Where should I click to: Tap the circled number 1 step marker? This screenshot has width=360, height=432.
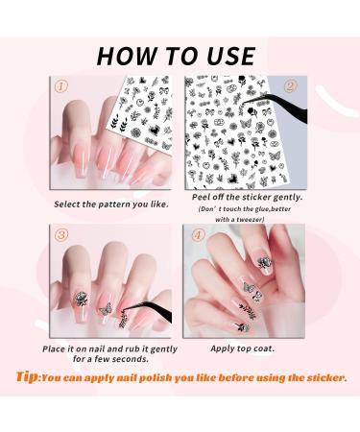click(61, 85)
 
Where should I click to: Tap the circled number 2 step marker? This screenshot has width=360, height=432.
click(290, 85)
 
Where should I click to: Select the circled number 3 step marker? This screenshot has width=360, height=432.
click(61, 234)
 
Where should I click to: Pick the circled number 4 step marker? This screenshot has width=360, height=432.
click(198, 235)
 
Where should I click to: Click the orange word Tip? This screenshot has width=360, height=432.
click(27, 377)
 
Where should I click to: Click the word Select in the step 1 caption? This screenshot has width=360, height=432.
click(66, 204)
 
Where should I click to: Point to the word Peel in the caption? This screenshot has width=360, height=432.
click(201, 197)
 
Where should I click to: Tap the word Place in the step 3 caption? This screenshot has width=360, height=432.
click(54, 348)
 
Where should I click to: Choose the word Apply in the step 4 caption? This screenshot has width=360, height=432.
click(222, 348)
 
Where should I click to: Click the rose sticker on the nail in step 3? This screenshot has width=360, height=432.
click(81, 299)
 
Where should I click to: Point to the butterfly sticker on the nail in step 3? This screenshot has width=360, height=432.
click(106, 309)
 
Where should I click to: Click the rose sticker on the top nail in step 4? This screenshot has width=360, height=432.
click(265, 262)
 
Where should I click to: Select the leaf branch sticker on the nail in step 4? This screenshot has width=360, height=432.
click(249, 310)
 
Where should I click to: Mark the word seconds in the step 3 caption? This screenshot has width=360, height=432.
click(131, 359)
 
